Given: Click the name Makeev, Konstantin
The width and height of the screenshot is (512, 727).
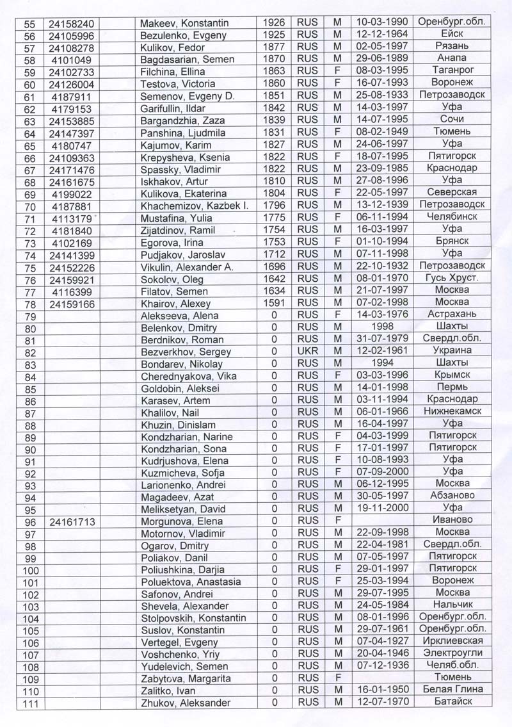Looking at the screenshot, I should (184, 24).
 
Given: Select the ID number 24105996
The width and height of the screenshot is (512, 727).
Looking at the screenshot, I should (71, 36).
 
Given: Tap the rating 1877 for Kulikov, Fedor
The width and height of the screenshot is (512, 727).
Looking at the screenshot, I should (274, 47).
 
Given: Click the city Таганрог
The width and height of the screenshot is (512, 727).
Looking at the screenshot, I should (452, 71).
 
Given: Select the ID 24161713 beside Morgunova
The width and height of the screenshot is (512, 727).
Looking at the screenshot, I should (71, 521).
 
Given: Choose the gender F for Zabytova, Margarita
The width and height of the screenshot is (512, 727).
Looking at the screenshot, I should (337, 678).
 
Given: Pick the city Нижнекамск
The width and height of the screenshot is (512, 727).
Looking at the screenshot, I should (452, 412).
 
